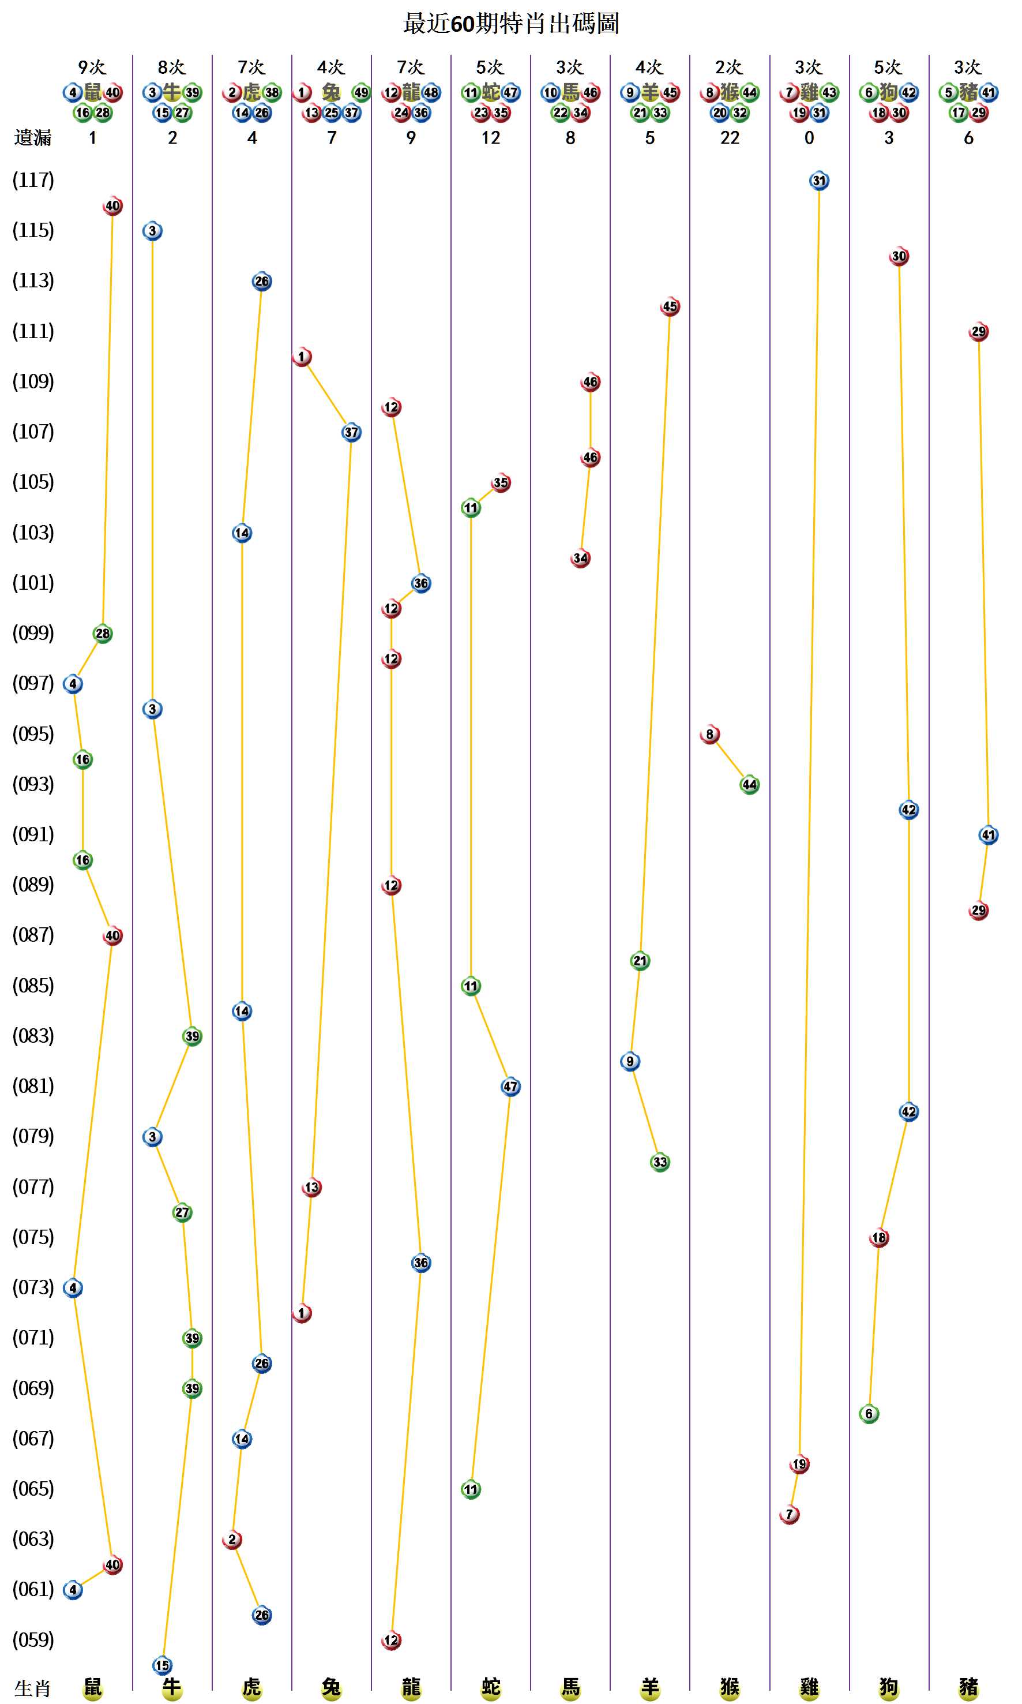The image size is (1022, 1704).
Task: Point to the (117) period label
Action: click(x=33, y=181)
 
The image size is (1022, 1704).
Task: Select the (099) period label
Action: click(x=33, y=633)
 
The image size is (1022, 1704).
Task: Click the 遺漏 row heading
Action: click(x=32, y=138)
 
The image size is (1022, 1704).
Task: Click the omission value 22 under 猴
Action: click(x=730, y=138)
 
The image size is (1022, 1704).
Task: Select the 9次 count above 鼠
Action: click(x=92, y=68)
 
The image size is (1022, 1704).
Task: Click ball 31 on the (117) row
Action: click(x=819, y=181)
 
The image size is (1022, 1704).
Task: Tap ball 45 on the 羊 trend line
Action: click(x=670, y=306)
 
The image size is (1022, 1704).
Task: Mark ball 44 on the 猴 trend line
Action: click(x=749, y=785)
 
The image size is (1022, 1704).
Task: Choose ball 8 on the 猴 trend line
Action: click(x=710, y=735)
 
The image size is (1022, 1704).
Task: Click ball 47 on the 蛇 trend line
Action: click(x=510, y=1087)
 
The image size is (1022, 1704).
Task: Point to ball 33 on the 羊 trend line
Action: click(x=660, y=1162)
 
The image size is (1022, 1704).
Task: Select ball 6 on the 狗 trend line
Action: click(x=869, y=1414)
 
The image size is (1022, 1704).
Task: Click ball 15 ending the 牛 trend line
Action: click(x=162, y=1665)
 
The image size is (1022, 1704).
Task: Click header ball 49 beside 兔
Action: click(x=361, y=92)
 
